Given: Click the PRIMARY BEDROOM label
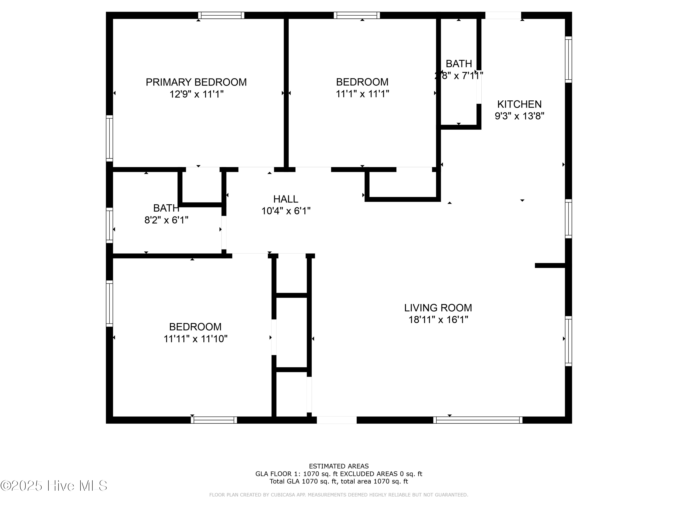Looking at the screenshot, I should tap(196, 82).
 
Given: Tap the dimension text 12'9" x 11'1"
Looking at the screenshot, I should tap(196, 94).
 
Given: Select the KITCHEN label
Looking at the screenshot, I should tap(519, 104).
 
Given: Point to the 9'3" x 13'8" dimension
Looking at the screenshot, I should tap(519, 116).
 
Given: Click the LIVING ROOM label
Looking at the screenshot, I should tap(438, 308).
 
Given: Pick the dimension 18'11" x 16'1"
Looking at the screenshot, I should tap(438, 320).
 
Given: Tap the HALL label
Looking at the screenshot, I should tap(286, 199).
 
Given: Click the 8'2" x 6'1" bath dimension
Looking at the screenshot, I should tap(166, 220).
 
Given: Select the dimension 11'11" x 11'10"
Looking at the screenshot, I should tap(195, 339).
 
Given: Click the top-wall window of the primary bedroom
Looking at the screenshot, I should tap(221, 15).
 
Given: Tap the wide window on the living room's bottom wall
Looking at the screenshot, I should tap(478, 420).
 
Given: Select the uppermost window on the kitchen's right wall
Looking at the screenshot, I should tap(568, 59).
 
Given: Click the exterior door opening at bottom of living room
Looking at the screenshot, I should tap(337, 420).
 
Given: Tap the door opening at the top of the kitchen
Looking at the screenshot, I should tap(503, 15).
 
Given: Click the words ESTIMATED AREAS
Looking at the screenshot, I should tap(339, 466).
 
